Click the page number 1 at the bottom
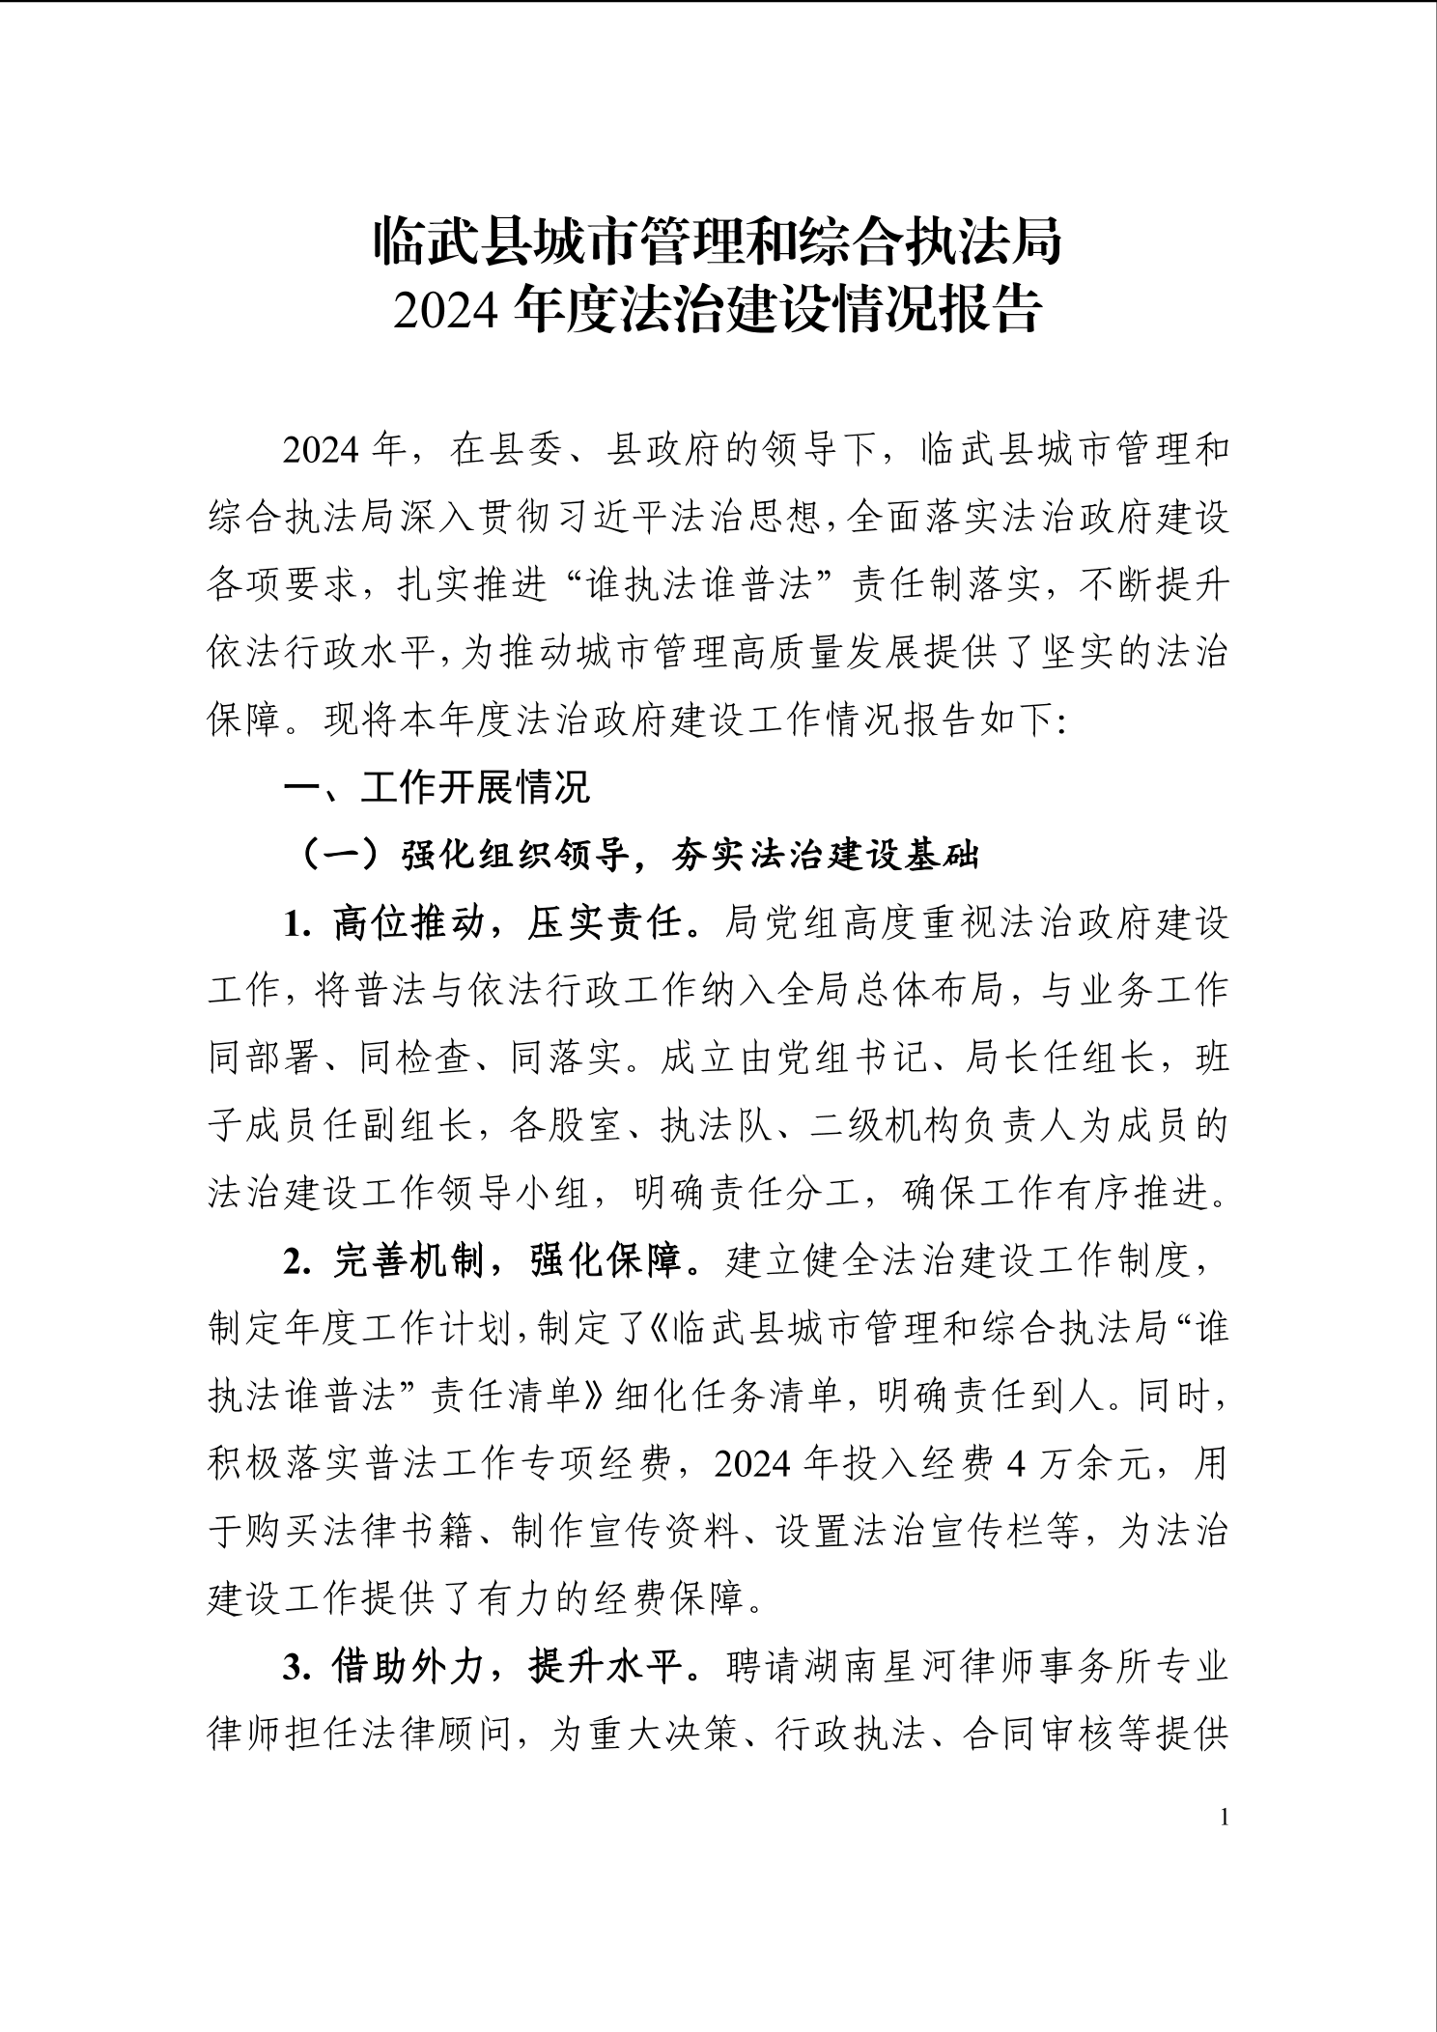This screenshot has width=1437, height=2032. [x=1226, y=1819]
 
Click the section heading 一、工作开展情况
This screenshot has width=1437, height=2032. [x=436, y=787]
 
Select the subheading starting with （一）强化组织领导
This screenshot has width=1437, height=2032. [x=637, y=855]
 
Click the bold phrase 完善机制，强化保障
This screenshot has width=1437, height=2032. [x=507, y=1262]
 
